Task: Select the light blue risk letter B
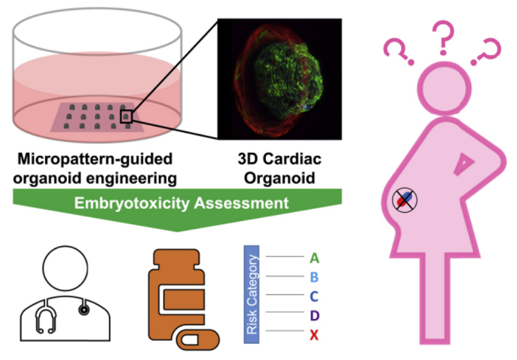click(x=314, y=276)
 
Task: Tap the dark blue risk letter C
click(x=314, y=296)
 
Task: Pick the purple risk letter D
click(x=314, y=315)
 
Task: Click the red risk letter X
click(x=314, y=335)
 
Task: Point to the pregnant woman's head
click(x=445, y=86)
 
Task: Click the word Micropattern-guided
click(x=94, y=160)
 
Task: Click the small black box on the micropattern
click(x=126, y=115)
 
